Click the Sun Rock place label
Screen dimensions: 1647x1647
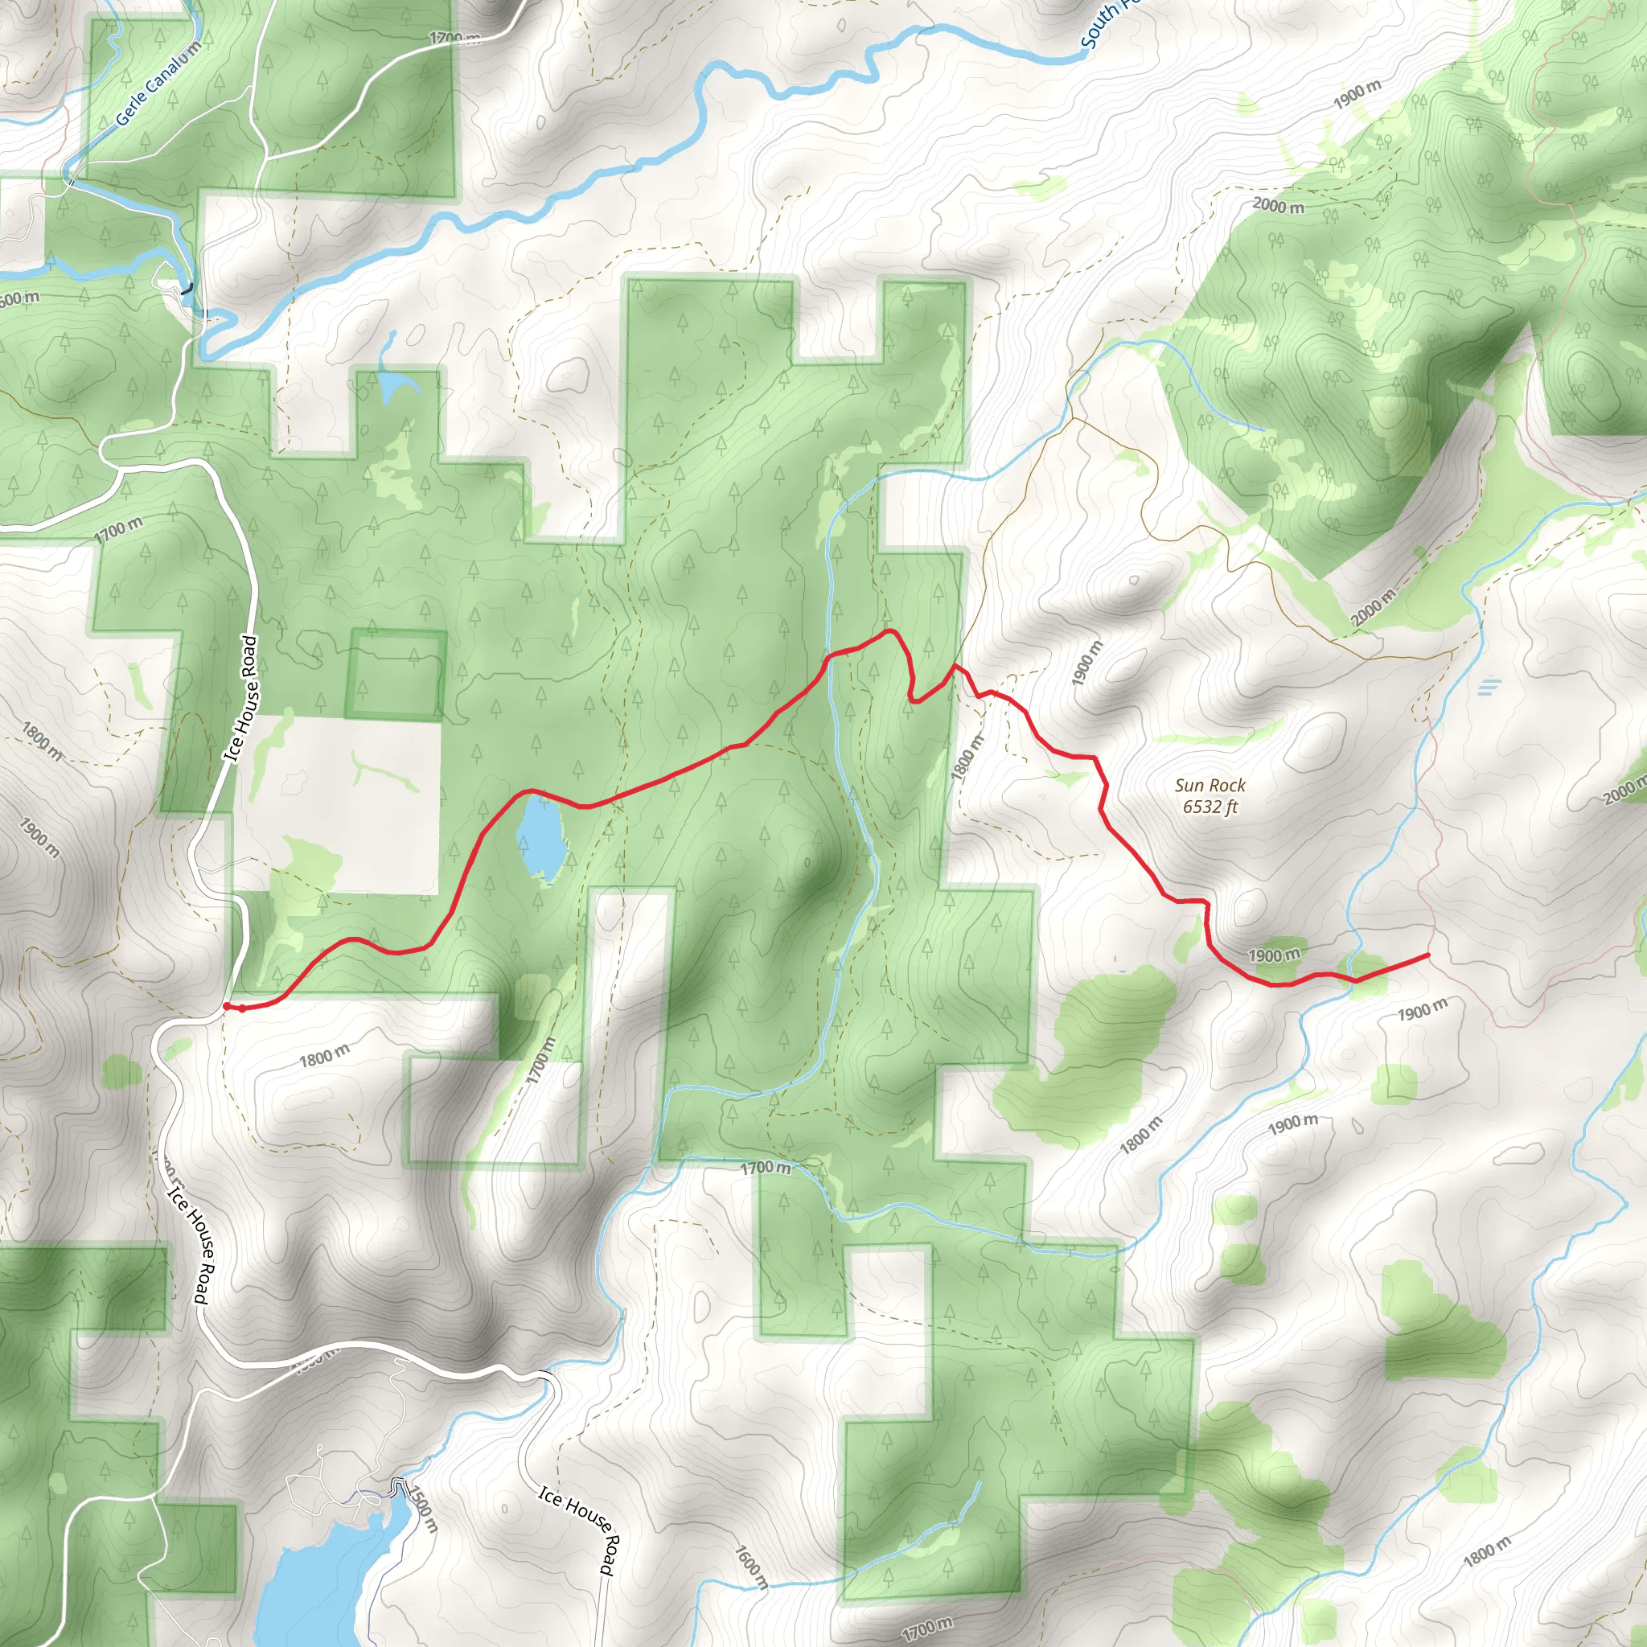pyautogui.click(x=1209, y=785)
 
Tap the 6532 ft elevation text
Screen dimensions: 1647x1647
pyautogui.click(x=1209, y=807)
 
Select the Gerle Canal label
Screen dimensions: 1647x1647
pyautogui.click(x=158, y=84)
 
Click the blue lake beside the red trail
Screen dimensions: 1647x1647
pyautogui.click(x=542, y=836)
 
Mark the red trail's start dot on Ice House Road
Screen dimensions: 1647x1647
pyautogui.click(x=226, y=1007)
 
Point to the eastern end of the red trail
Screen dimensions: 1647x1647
pyautogui.click(x=1428, y=955)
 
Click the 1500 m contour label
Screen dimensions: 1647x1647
pyautogui.click(x=424, y=1508)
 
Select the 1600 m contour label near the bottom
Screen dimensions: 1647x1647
pyautogui.click(x=750, y=1567)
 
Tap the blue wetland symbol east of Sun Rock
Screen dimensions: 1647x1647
pyautogui.click(x=1489, y=686)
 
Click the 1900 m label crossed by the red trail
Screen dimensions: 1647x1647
pyautogui.click(x=1274, y=955)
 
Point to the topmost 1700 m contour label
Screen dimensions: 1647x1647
pyautogui.click(x=454, y=39)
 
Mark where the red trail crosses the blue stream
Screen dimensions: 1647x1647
pyautogui.click(x=828, y=657)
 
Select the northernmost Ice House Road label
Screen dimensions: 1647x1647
pyautogui.click(x=240, y=697)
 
